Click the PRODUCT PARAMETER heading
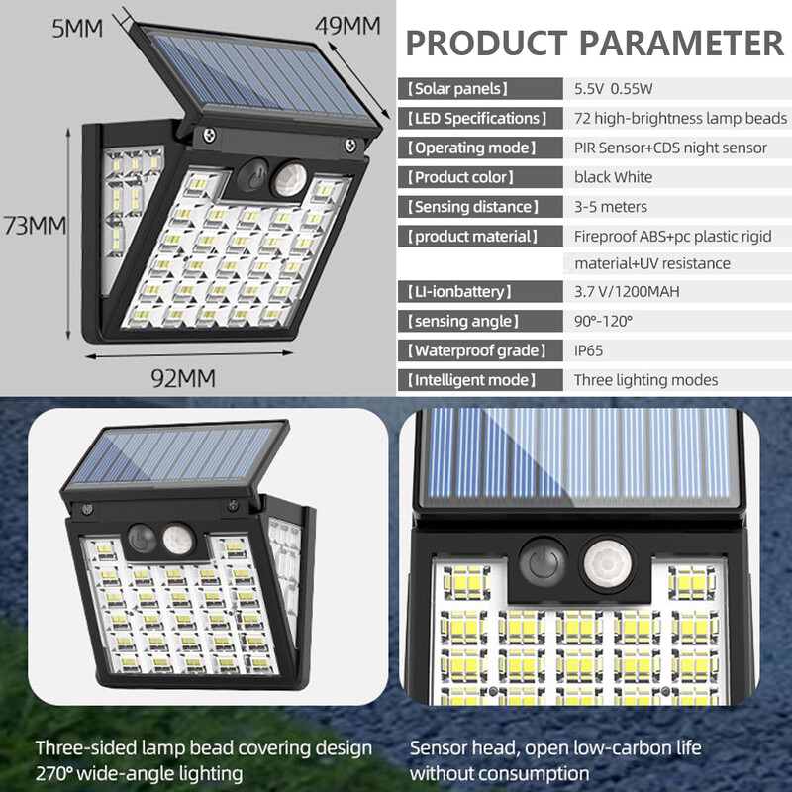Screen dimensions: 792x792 594,43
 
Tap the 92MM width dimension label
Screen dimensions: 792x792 183,377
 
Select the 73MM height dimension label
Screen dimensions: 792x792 35,226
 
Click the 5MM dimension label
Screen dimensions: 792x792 76,27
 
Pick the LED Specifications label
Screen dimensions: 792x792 476,118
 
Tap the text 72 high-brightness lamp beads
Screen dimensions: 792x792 680,118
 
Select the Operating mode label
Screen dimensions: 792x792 472,148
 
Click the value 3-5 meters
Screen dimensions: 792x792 611,207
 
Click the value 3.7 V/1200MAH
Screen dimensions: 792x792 627,292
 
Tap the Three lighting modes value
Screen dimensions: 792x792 645,380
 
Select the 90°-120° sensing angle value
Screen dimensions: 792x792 603,321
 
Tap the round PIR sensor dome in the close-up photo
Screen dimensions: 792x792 603,564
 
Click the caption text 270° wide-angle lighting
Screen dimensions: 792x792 139,772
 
